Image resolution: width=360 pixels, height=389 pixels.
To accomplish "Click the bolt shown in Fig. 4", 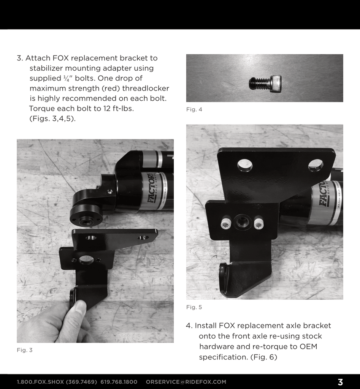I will [265, 83].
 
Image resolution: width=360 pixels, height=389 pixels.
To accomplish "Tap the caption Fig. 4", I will [194, 109].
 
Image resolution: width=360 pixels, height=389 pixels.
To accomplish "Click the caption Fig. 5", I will [194, 307].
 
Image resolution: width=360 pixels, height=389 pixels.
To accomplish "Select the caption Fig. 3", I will [24, 350].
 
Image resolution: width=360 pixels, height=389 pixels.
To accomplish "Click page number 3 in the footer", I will [340, 382].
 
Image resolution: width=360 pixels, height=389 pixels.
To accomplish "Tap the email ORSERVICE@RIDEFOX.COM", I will [186, 382].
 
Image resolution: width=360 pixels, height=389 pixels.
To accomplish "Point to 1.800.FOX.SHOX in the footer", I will [40, 382].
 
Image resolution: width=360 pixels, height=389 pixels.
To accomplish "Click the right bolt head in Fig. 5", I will [259, 223].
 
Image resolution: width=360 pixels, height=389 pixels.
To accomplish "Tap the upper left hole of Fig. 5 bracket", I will [245, 165].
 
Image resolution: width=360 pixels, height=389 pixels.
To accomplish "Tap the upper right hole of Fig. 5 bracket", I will [316, 165].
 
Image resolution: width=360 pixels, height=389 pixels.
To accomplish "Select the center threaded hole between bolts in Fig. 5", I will [242, 221].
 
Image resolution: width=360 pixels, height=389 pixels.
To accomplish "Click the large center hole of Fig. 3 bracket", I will [86, 260].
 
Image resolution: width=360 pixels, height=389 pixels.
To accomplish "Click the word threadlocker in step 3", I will [147, 89].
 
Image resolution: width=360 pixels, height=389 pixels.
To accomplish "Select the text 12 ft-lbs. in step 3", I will [115, 108].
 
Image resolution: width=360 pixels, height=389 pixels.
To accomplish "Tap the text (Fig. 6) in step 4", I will [263, 357].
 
